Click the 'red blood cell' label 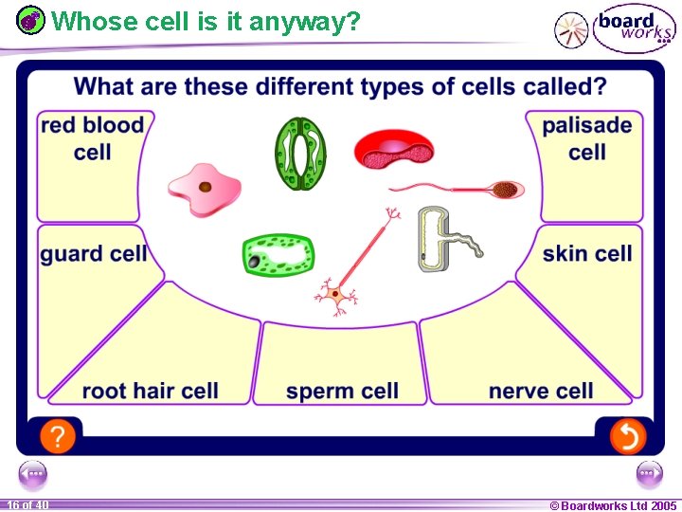pos(93,138)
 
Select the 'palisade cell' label pos(586,138)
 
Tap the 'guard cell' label pos(93,253)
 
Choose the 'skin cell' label pos(587,253)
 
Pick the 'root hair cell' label pos(150,391)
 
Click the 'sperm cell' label pos(342,391)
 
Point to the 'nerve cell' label pos(541,391)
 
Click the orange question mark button pos(58,436)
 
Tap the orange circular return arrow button pos(626,436)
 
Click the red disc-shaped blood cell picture pos(393,150)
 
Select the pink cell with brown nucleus pos(204,187)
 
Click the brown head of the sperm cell pos(507,190)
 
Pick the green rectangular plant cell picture pos(278,255)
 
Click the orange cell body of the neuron pos(335,295)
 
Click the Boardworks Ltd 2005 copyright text pos(613,505)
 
